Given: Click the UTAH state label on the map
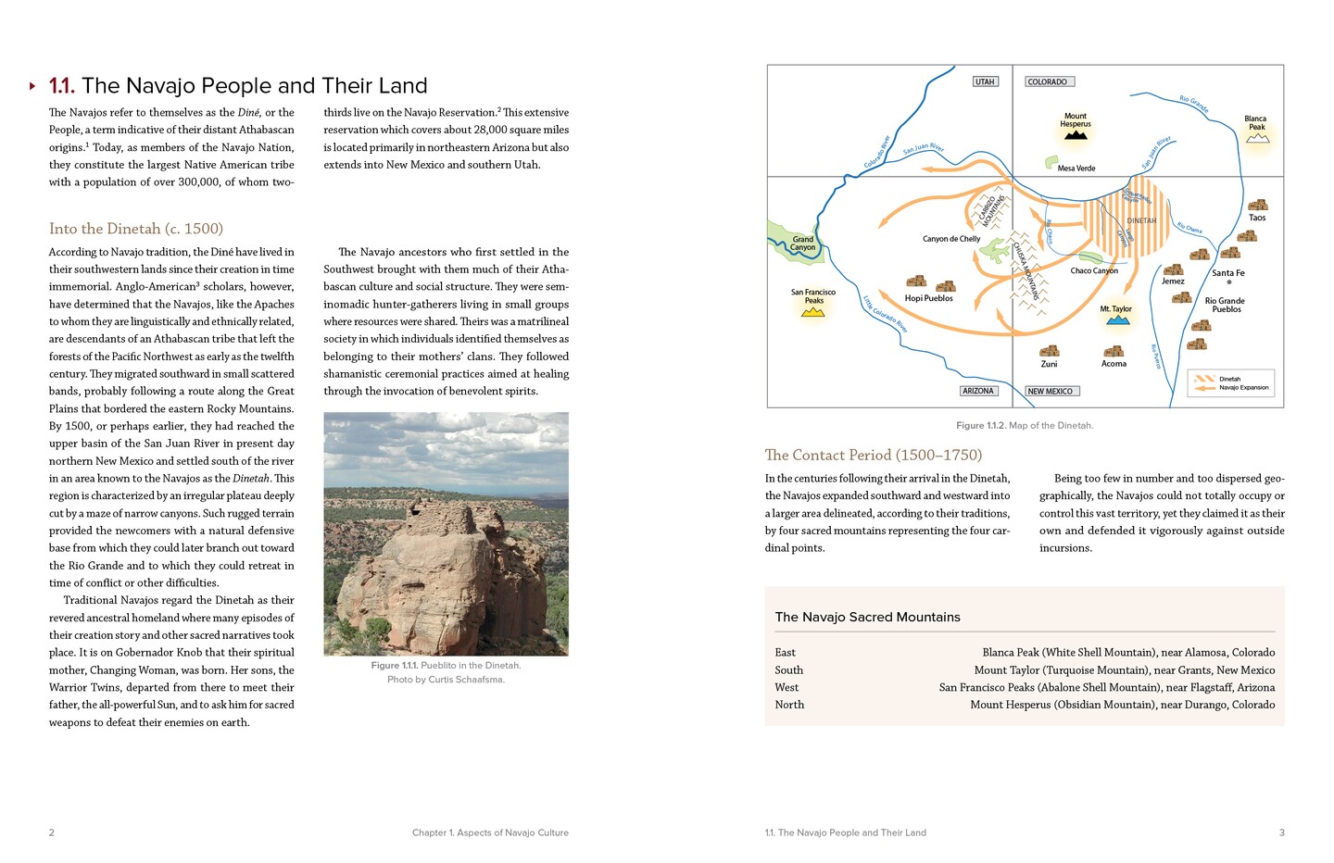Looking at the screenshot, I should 985,81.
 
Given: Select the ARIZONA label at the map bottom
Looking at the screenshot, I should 978,391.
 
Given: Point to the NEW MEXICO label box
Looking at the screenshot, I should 1051,391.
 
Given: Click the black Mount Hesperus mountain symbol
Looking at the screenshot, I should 1076,135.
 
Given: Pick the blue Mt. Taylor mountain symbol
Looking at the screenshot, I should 1118,319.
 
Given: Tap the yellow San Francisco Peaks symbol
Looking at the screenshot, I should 812,312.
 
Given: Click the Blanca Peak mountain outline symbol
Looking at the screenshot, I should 1257,138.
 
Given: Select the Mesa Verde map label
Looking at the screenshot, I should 1076,169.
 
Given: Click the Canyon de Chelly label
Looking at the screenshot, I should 950,239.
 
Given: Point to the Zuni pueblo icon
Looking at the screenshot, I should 1049,351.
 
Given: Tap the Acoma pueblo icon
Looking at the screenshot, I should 1114,351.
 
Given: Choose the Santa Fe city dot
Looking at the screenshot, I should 1229,282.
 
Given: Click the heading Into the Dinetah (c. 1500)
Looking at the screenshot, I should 136,229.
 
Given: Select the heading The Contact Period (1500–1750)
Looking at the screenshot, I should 873,455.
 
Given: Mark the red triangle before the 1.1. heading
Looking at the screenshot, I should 32,86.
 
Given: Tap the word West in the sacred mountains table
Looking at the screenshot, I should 787,687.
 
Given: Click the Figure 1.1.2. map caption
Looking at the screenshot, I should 1024,425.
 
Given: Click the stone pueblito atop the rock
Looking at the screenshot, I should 425,507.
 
